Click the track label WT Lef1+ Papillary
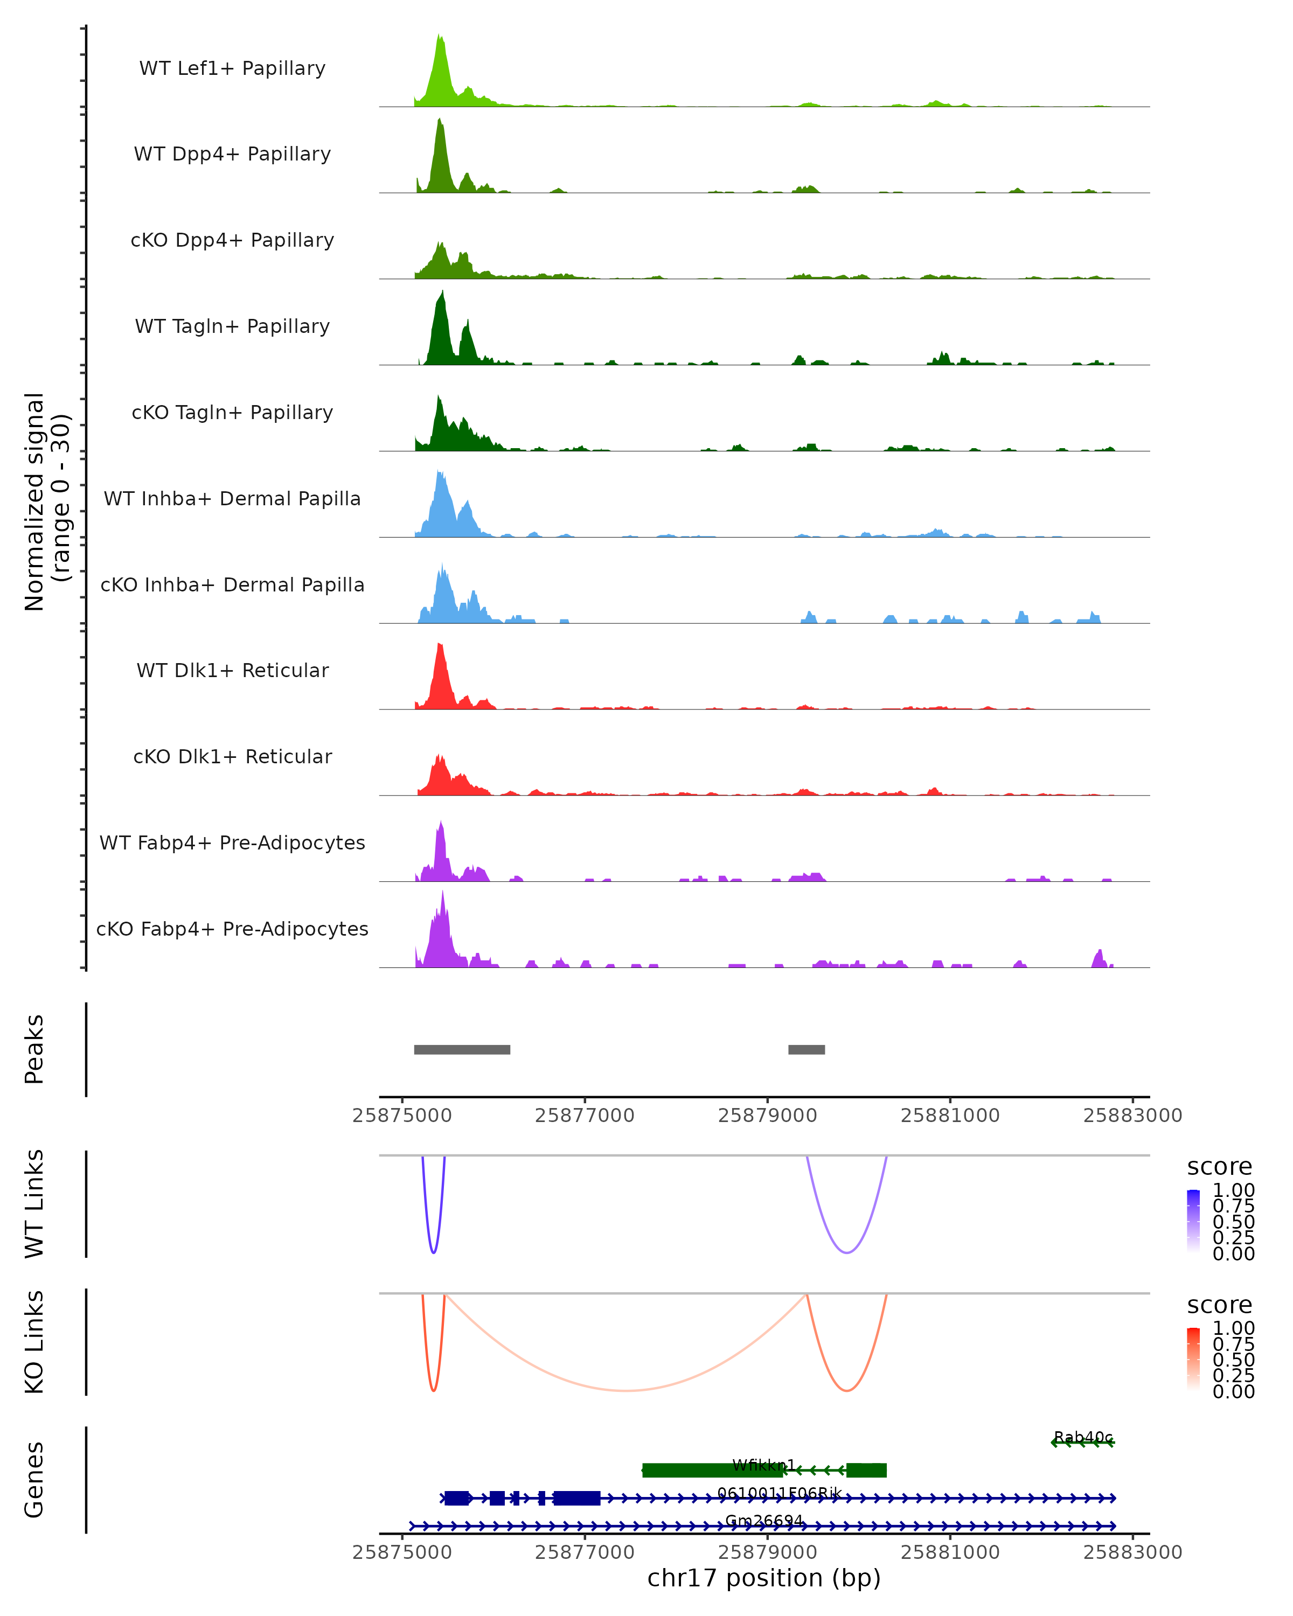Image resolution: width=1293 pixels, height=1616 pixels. pos(232,68)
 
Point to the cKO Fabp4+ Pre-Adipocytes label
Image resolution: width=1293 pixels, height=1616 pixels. pos(232,929)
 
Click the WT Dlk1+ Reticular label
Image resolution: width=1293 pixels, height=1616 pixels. pos(232,670)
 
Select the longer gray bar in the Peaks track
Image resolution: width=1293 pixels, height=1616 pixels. pos(462,1049)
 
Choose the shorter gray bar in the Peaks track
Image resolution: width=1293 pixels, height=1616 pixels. pos(807,1049)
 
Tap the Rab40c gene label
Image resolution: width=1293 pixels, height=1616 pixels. pos(1083,1437)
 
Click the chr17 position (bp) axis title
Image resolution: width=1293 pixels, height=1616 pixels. pos(764,1578)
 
